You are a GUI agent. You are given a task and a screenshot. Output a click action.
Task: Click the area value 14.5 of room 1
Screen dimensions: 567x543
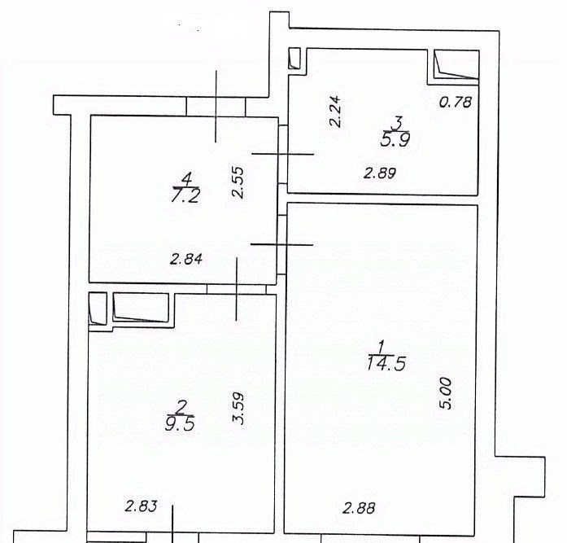[x=386, y=363]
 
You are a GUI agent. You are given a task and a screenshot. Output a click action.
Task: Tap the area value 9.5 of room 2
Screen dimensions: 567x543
[x=180, y=423]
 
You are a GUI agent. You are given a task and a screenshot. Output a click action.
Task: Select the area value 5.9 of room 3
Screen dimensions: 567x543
[x=395, y=139]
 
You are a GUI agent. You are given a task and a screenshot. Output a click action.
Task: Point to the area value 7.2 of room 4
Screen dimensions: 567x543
[x=185, y=196]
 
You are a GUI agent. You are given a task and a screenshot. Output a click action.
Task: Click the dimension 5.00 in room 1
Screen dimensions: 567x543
[x=447, y=393]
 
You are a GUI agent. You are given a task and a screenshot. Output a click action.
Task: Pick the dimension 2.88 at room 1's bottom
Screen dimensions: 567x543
[x=359, y=508]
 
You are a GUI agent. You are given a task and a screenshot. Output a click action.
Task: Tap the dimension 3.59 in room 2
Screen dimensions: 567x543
[x=238, y=409]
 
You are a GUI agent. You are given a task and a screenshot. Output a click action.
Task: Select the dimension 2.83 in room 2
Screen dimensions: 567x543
[x=141, y=506]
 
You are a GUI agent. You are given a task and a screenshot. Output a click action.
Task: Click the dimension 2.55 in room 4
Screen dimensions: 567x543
[x=238, y=182]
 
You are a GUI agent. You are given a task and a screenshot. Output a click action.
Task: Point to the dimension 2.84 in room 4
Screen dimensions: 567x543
[x=186, y=259]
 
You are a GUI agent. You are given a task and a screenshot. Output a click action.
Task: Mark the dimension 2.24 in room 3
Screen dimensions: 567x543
[x=335, y=111]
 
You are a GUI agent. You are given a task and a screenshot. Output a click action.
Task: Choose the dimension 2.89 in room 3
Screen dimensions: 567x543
[x=380, y=173]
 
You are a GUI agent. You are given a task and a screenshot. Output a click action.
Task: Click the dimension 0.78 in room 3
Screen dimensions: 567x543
[x=456, y=102]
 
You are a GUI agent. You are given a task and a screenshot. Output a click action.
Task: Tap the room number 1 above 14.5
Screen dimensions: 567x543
[x=381, y=348]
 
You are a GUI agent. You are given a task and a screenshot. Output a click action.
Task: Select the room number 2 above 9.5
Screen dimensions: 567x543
[x=181, y=408]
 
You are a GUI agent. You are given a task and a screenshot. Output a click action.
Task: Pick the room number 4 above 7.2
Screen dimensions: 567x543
[x=186, y=179]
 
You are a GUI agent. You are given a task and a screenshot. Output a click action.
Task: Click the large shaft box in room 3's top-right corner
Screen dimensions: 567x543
[x=456, y=64]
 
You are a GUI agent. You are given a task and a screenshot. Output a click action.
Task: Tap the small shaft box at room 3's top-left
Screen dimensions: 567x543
[x=294, y=59]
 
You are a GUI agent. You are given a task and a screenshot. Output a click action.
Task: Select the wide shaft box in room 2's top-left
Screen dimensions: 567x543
[x=141, y=307]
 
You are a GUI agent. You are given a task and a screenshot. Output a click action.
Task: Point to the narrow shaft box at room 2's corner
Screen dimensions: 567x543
[x=98, y=309]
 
